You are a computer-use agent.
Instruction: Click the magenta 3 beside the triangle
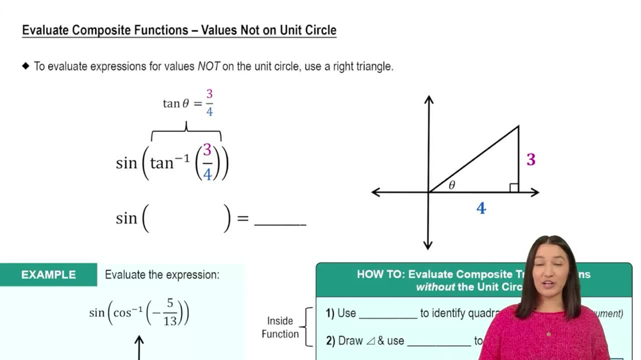(531, 159)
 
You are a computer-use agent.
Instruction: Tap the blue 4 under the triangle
(481, 208)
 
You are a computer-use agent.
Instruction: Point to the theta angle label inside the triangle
(452, 185)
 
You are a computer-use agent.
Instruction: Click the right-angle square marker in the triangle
(513, 188)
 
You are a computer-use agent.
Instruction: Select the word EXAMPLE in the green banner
(48, 275)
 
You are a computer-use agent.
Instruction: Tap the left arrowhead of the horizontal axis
(376, 192)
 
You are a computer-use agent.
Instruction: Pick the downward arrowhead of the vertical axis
(428, 245)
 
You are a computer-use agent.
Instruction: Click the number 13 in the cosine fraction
(170, 322)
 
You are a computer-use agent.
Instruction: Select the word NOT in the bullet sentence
(208, 67)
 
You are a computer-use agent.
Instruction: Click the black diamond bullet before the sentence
(26, 66)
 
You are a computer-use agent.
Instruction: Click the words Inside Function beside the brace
(280, 327)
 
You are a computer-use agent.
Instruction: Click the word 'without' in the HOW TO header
(435, 287)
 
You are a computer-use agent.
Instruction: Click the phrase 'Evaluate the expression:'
(162, 275)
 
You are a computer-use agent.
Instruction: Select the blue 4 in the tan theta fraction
(209, 111)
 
